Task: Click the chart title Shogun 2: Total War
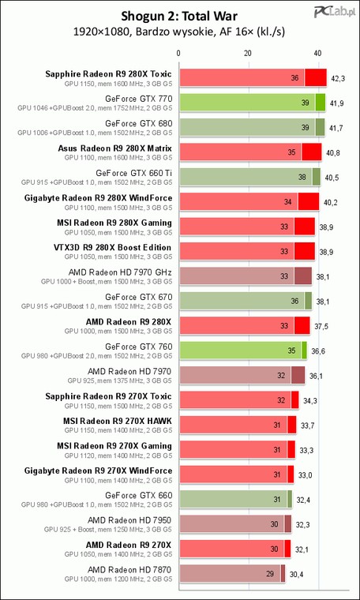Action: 180,17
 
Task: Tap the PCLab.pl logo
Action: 332,12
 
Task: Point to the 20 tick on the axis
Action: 248,53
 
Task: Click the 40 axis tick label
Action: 317,53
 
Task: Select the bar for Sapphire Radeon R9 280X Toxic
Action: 253,77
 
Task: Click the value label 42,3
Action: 338,78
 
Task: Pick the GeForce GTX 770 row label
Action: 139,99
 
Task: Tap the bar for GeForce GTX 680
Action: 252,127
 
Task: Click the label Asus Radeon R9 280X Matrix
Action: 114,148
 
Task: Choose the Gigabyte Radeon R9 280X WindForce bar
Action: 249,201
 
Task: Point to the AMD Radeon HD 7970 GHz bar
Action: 246,276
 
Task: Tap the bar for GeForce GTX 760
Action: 243,350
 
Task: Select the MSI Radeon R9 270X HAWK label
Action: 118,421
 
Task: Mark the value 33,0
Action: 306,474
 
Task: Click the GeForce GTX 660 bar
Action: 236,499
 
